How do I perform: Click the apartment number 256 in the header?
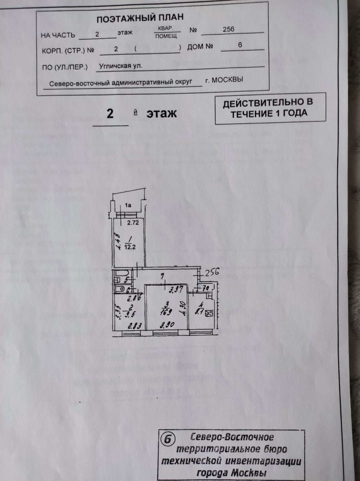228,29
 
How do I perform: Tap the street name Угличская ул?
121,66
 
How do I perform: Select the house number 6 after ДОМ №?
240,45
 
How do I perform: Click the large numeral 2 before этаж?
110,114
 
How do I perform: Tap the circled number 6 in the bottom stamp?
168,439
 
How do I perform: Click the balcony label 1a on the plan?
128,206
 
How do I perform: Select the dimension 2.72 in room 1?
133,223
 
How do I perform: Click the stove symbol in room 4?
210,314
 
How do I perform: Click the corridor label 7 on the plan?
163,275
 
